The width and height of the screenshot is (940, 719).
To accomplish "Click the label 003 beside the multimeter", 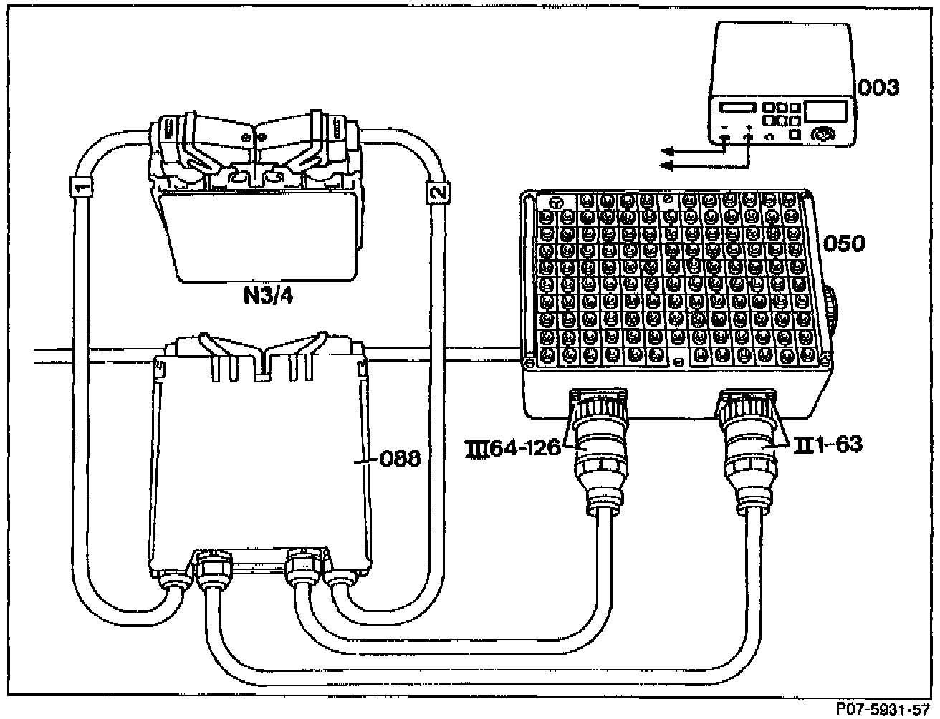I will [x=879, y=88].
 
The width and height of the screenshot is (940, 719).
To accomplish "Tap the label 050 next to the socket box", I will [x=844, y=243].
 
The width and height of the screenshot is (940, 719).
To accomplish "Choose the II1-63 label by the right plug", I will [x=828, y=445].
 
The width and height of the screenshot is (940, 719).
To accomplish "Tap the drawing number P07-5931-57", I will [x=885, y=708].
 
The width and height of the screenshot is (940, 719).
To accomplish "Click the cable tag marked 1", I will [x=81, y=188].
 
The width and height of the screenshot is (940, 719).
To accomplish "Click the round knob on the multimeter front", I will [x=824, y=134].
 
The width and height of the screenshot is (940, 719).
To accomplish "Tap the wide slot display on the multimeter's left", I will [x=737, y=108].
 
